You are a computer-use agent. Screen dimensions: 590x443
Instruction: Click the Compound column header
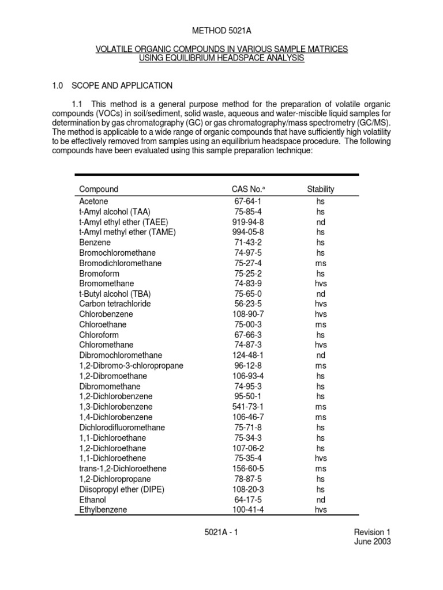pos(99,189)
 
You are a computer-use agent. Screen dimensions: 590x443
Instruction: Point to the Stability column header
pos(321,189)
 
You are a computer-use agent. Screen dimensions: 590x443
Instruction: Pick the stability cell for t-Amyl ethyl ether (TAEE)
pos(321,222)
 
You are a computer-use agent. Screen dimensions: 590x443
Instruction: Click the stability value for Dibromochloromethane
pos(321,355)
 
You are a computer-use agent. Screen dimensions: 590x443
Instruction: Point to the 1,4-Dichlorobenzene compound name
pos(115,417)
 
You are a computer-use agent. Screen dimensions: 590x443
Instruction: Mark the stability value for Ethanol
pos(321,500)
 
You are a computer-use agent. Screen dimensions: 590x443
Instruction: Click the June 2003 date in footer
pos(374,542)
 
